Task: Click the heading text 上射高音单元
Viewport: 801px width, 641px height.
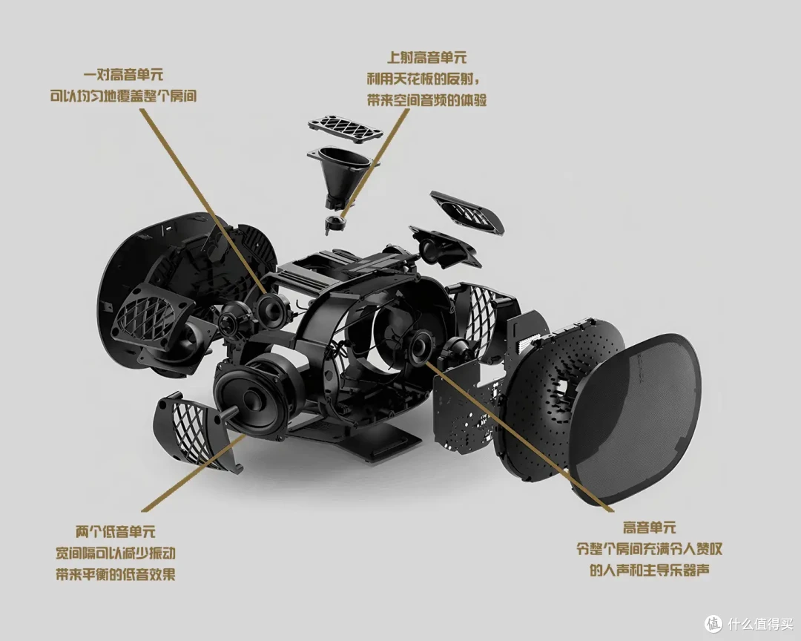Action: coord(426,57)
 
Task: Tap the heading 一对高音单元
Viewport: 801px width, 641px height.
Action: coord(124,75)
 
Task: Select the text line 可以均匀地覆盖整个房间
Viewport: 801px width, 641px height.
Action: coord(123,96)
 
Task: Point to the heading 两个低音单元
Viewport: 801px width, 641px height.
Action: coord(116,532)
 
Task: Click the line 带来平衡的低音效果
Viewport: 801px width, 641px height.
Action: coord(116,574)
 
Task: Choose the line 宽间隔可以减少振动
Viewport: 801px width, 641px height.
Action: coord(116,553)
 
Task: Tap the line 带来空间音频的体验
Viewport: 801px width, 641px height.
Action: coord(426,99)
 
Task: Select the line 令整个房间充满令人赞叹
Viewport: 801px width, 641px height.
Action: coord(649,549)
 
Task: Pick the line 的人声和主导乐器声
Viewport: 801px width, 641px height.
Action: coord(649,570)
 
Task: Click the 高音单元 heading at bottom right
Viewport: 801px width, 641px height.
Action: coord(649,527)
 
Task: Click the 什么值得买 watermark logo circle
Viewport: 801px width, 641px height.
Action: coord(713,624)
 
